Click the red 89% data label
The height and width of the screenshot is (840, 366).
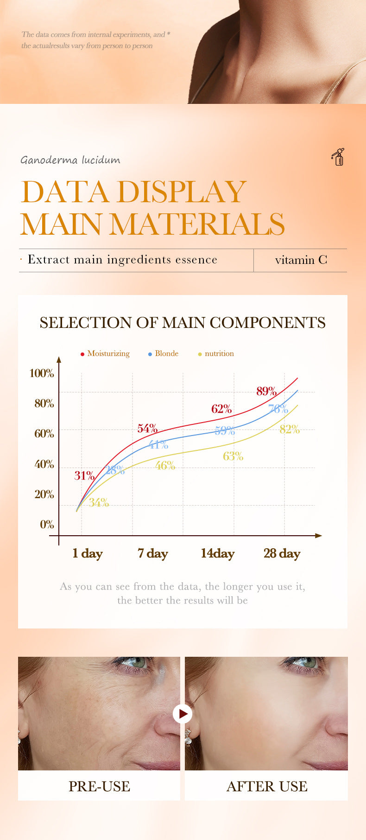click(266, 391)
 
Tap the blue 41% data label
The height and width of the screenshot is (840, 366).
click(158, 444)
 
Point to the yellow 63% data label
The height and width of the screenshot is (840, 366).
click(233, 456)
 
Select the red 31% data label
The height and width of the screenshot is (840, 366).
click(84, 475)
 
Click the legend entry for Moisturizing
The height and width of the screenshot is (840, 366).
click(105, 353)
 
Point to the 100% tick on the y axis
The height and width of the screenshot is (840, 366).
click(42, 373)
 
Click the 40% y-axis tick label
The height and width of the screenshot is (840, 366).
click(44, 464)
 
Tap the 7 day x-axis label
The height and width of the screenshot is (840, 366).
click(152, 553)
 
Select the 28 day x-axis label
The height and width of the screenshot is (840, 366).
click(282, 553)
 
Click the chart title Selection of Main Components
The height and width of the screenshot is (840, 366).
click(183, 322)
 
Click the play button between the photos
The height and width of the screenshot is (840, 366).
click(183, 714)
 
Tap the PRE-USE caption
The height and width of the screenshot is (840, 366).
click(99, 786)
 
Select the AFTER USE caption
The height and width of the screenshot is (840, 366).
click(266, 786)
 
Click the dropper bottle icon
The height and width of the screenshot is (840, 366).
click(338, 157)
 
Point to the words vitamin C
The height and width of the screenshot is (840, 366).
click(301, 260)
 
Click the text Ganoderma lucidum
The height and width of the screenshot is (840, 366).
click(70, 160)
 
